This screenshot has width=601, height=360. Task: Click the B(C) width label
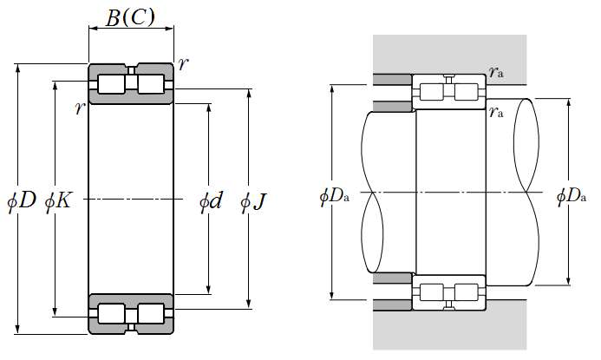130,17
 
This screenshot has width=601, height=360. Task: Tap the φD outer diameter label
22,200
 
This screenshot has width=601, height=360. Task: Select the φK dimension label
58,200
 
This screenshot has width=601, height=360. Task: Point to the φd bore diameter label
211,200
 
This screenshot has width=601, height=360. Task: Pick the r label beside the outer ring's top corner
184,64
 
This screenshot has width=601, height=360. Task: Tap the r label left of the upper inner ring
80,108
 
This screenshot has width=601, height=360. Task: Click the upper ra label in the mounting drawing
496,72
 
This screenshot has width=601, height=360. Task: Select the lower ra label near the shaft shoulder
496,112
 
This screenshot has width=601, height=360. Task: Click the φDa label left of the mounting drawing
335,197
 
